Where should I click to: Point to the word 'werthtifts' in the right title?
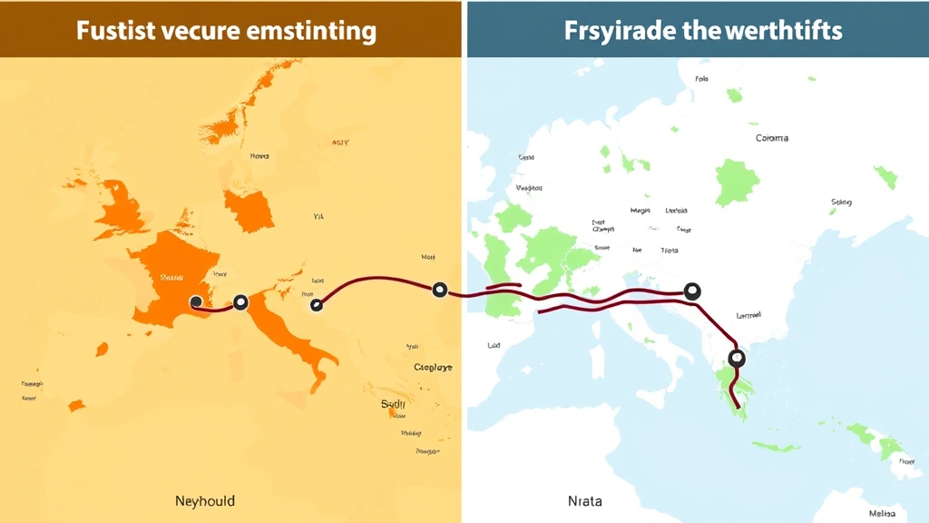[784, 31]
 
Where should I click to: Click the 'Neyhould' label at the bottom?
[205, 500]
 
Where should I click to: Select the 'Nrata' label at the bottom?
[584, 500]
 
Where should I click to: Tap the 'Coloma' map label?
[771, 138]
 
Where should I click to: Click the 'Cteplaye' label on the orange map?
[433, 367]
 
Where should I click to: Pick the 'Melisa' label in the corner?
[880, 514]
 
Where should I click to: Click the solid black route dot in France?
[196, 301]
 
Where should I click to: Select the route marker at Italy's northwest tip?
[240, 302]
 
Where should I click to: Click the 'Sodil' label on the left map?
[394, 404]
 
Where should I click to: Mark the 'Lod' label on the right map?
[494, 345]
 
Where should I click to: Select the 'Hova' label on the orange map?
[259, 156]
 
